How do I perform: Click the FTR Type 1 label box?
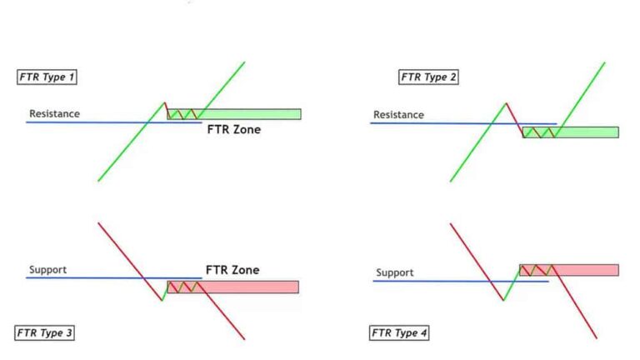tap(47, 77)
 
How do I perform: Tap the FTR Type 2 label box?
tap(429, 77)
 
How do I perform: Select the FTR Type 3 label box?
tap(46, 332)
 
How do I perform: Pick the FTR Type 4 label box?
tap(400, 333)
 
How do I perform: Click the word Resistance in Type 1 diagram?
tap(54, 113)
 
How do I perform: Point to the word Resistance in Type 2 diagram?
tap(398, 115)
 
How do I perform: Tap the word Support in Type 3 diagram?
tap(47, 270)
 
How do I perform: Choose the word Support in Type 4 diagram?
tap(395, 272)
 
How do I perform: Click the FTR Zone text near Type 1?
tap(233, 130)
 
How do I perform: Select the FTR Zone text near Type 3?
tap(232, 270)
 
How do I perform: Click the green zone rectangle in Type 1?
tap(250, 114)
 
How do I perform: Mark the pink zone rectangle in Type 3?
tap(250, 287)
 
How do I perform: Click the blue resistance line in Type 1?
tap(83, 122)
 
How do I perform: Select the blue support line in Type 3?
tap(83, 277)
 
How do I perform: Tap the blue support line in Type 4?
tap(433, 281)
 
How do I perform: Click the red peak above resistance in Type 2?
tap(505, 104)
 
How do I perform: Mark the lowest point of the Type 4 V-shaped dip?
tap(503, 300)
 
